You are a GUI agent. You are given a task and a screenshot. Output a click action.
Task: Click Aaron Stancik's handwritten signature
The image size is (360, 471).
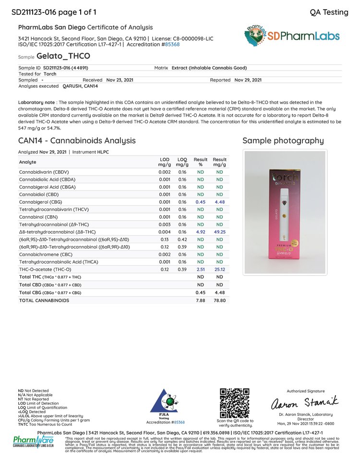click(305, 401)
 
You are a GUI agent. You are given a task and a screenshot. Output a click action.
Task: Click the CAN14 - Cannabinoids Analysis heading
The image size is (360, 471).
click(77, 141)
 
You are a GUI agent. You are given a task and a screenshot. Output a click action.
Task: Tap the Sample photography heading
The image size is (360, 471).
click(283, 141)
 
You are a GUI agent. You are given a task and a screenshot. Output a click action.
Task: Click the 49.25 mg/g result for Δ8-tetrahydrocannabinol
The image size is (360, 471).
click(220, 231)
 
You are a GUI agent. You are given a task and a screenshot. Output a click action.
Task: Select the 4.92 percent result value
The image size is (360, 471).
click(200, 231)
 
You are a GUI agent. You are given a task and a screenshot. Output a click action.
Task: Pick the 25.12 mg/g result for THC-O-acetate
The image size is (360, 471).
click(220, 270)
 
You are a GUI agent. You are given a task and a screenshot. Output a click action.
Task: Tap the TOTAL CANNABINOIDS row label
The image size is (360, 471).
click(44, 300)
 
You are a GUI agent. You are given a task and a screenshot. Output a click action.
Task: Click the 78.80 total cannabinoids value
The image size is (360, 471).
click(220, 300)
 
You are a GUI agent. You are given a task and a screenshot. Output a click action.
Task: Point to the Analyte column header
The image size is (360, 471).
click(27, 162)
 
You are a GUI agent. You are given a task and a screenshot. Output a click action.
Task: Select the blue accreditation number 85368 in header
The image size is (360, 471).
click(171, 44)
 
